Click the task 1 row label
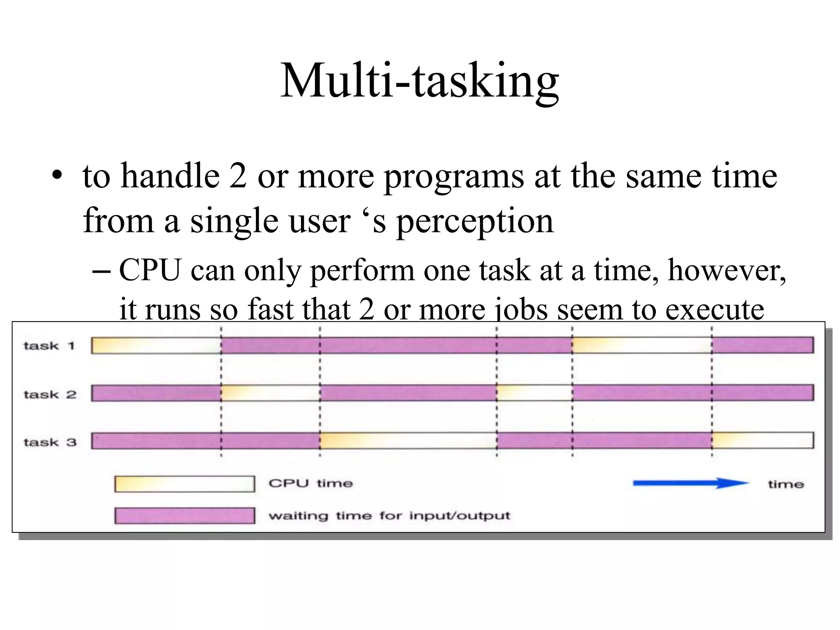point(49,346)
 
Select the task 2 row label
point(50,394)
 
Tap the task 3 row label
point(50,442)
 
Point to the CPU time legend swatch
point(185,484)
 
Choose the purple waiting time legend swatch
point(185,516)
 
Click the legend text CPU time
point(310,484)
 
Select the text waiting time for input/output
point(389,516)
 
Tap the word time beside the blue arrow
point(785,484)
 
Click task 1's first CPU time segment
point(156,345)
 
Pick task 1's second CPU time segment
point(642,345)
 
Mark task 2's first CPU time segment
point(270,393)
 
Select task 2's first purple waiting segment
point(156,393)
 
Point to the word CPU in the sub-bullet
point(150,271)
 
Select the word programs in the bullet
point(454,176)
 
